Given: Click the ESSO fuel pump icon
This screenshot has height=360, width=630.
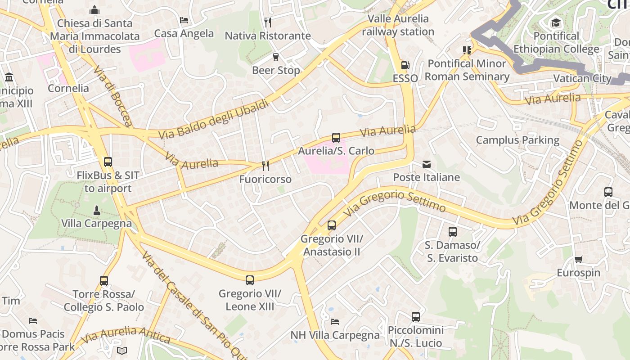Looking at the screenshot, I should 405,65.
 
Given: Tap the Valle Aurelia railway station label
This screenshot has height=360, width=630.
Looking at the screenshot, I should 398,25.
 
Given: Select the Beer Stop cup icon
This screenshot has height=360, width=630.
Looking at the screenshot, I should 276,57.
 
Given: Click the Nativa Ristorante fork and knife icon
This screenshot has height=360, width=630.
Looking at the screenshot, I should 268,22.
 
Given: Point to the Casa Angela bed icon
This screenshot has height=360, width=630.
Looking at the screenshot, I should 184,20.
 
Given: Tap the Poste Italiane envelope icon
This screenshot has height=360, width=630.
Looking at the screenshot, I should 426,164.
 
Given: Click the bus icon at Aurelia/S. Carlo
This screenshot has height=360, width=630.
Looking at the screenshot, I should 336,138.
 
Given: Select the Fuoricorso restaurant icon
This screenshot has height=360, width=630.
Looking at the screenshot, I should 265,166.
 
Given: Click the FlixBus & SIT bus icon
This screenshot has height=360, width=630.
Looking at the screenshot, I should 108,162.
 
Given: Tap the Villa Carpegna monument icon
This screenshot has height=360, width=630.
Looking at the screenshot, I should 96,210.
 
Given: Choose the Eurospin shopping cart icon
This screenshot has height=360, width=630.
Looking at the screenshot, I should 578,260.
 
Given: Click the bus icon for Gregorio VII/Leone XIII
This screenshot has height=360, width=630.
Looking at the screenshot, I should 250,280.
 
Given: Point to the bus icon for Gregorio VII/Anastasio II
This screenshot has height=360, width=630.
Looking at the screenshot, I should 332,225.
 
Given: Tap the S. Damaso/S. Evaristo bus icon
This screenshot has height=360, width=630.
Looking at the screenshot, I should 453,232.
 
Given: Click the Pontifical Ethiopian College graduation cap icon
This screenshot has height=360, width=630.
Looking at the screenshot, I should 556,22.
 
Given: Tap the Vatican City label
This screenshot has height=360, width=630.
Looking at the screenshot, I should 582,78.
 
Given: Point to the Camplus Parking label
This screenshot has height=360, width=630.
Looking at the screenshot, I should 517,140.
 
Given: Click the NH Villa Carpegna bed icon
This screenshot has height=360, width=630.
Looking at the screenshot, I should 335,322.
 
